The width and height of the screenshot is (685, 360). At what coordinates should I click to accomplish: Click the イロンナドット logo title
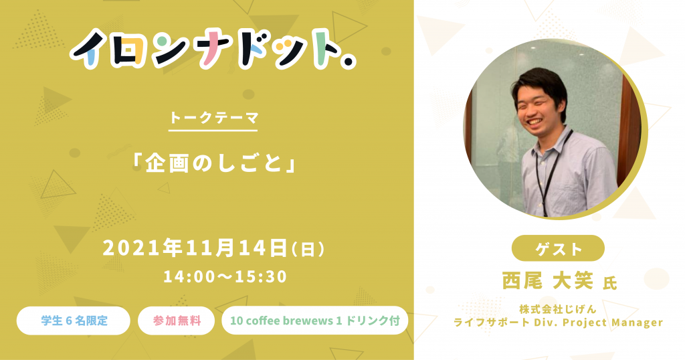click(x=213, y=49)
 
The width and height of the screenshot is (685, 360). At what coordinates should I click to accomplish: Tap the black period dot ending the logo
click(x=348, y=62)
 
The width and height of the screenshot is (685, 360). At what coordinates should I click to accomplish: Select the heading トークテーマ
click(x=213, y=118)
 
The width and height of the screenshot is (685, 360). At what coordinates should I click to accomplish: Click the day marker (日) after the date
click(x=308, y=249)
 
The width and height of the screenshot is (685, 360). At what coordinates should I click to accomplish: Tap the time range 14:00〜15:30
click(x=225, y=276)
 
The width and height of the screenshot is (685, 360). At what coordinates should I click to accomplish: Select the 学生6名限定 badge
click(x=74, y=321)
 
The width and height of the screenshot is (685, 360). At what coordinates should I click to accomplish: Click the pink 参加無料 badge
click(x=176, y=321)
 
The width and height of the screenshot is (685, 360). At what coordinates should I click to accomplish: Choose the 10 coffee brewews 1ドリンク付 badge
click(x=314, y=321)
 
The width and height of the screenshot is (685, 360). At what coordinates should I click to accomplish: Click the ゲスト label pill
click(x=558, y=248)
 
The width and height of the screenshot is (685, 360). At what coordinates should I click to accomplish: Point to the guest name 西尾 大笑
click(x=547, y=280)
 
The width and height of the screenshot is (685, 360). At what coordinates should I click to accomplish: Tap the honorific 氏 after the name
click(x=609, y=283)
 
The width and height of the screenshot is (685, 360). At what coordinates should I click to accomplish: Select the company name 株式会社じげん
click(x=557, y=309)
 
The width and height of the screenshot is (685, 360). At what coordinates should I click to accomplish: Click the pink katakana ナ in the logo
click(x=211, y=48)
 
